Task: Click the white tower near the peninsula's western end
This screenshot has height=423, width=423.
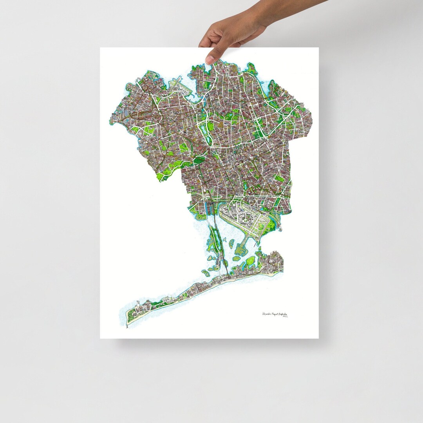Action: [x=138, y=303]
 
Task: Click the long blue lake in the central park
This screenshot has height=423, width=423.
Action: [x=204, y=131]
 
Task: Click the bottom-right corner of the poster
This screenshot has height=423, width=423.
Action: [x=318, y=338]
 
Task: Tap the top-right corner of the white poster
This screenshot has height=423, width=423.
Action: [x=318, y=48]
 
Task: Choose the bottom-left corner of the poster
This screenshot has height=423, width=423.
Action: [x=100, y=338]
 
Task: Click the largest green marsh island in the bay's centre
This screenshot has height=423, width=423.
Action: [x=251, y=260]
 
